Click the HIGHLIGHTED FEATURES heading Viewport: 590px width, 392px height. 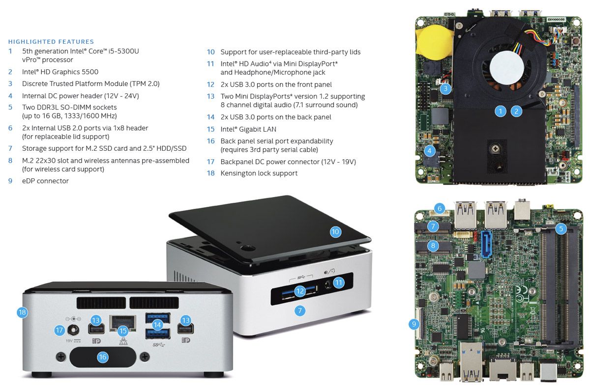pyautogui.click(x=51, y=42)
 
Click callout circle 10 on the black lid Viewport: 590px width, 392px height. pyautogui.click(x=335, y=231)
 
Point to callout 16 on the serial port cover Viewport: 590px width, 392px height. pyautogui.click(x=102, y=357)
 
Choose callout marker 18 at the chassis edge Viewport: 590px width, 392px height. pyautogui.click(x=22, y=312)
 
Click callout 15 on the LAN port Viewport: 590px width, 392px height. pyautogui.click(x=123, y=331)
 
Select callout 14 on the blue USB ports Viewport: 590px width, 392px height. pyautogui.click(x=157, y=324)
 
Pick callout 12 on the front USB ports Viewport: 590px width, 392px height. pyautogui.click(x=300, y=291)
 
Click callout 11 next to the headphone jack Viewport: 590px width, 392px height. pyautogui.click(x=338, y=282)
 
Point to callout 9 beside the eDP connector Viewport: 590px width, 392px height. pyautogui.click(x=414, y=324)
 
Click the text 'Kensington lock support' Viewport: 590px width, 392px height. pyautogui.click(x=259, y=173)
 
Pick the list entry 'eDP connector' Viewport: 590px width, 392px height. pyautogui.click(x=45, y=181)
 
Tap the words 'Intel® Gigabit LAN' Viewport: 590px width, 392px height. pyautogui.click(x=248, y=129)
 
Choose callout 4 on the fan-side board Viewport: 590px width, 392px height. pyautogui.click(x=430, y=151)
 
